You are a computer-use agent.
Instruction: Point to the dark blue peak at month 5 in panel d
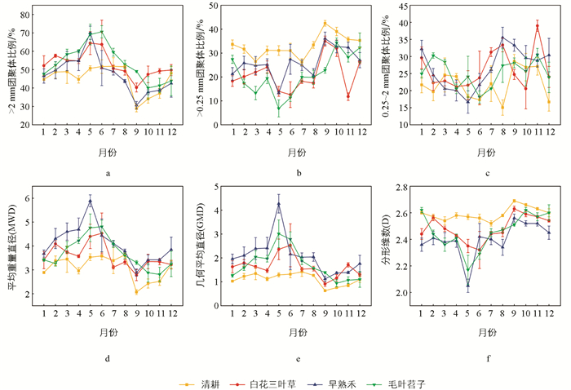[x=91, y=201]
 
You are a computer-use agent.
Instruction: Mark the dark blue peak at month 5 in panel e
[x=279, y=204]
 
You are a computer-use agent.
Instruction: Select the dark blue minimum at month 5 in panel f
[x=467, y=285]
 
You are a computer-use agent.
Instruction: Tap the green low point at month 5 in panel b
[x=279, y=109]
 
